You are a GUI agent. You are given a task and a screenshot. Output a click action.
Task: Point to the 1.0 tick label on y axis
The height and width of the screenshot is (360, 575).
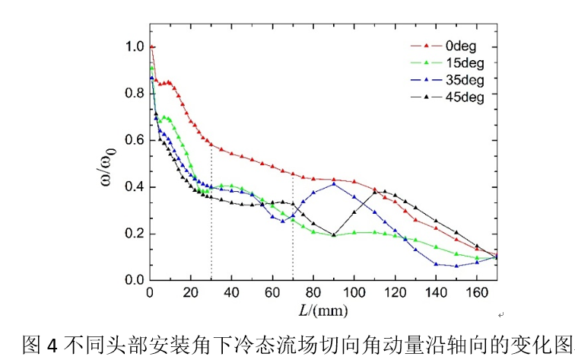point(134,47)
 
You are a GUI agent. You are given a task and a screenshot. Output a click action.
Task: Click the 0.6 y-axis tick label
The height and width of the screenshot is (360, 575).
point(134,140)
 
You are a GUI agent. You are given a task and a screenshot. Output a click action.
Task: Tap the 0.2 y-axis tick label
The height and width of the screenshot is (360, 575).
point(134,234)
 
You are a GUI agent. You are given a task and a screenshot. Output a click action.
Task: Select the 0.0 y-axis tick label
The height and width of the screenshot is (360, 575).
point(134,280)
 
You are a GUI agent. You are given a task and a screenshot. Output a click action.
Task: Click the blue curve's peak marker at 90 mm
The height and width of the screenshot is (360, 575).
point(334,183)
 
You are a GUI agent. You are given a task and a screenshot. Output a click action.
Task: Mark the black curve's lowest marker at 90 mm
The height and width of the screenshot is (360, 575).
point(334,235)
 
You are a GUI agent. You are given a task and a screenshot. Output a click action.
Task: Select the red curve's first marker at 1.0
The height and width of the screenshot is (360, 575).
point(151,47)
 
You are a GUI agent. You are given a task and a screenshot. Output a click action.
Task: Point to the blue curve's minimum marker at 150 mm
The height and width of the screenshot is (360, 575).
point(456,266)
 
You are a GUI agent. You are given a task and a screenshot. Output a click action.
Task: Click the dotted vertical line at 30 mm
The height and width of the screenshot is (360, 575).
point(211,228)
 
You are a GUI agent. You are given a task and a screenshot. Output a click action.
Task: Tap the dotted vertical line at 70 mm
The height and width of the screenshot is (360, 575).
point(293,244)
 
